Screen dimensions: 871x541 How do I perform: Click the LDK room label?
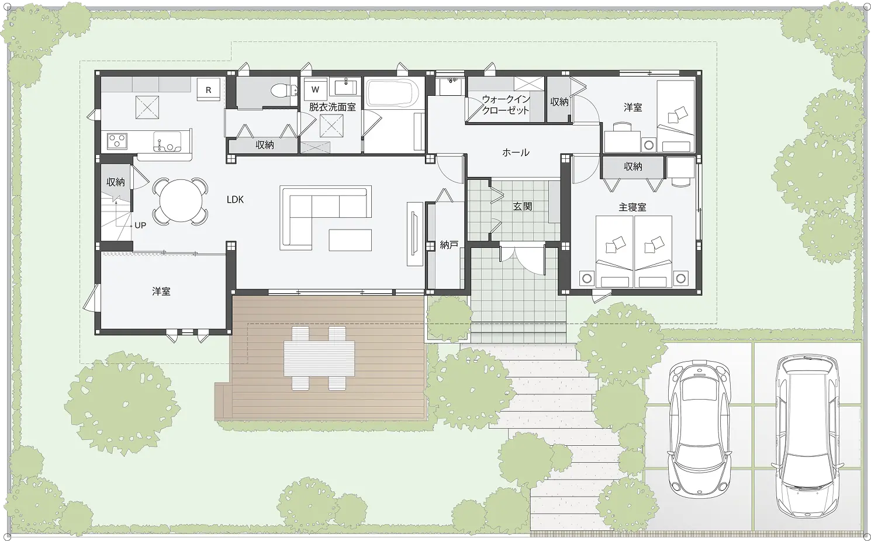coord(235,200)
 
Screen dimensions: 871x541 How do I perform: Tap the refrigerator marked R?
coord(209,90)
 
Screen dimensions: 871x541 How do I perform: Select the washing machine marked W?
coord(315,90)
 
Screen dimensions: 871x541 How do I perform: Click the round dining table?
coord(181,201)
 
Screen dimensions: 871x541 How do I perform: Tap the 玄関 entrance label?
coord(522,206)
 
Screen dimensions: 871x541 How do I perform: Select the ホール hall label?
coord(516,152)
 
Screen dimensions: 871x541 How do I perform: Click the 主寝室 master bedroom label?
coord(632,207)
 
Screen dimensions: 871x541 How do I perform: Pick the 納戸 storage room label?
coord(449,245)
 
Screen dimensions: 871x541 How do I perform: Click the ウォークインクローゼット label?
coord(506,105)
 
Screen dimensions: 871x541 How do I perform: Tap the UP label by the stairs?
coord(140,226)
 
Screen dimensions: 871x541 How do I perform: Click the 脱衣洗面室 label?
coord(333,107)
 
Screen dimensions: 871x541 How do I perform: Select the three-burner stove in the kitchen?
coord(117,141)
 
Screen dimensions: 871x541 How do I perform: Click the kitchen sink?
coord(167,141)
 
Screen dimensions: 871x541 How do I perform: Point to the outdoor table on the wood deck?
coord(319,358)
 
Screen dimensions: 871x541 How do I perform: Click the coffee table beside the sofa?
coord(350,240)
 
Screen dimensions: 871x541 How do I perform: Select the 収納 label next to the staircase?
coord(116,182)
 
